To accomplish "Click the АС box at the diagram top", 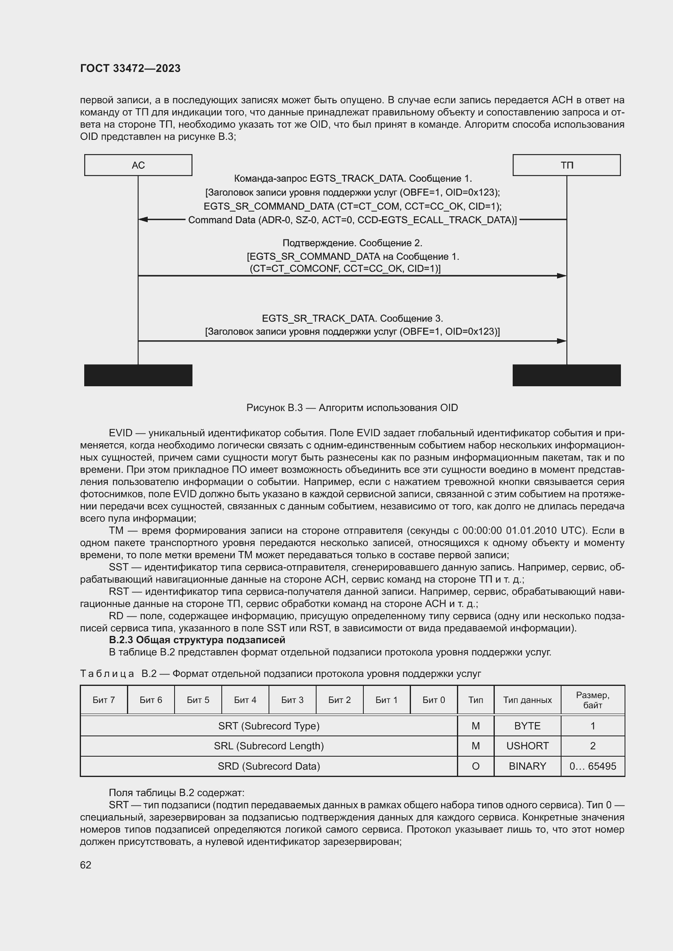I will (138, 165).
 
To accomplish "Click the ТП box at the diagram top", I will (566, 165).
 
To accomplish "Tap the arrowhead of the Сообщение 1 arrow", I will (143, 220).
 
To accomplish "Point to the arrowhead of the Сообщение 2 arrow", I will (562, 276).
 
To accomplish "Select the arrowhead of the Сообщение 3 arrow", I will (562, 341).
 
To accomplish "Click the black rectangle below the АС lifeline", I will (138, 375).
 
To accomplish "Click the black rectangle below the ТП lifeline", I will (566, 375).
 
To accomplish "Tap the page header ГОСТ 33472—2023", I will (130, 68).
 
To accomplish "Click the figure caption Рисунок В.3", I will (352, 408).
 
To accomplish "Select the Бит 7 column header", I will (104, 700).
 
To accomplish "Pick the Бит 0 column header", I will (433, 700).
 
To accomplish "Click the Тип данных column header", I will (527, 700).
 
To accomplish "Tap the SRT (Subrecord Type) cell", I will (269, 726).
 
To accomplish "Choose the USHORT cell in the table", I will (527, 746).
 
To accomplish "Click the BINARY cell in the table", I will (527, 766).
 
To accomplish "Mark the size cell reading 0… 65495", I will (592, 766).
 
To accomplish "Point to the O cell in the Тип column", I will (475, 766).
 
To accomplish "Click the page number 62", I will (86, 865).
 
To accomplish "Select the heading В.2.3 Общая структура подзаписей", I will (197, 640).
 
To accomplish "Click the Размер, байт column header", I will (592, 700).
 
